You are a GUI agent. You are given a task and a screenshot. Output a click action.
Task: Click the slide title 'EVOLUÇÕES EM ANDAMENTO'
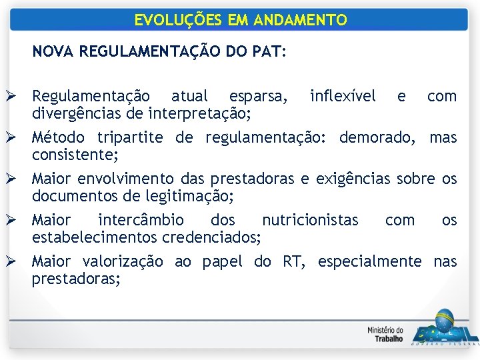[x=240, y=20]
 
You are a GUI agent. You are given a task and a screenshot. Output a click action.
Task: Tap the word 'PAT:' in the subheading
[x=271, y=51]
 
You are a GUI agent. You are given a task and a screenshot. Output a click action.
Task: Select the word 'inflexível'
[x=343, y=97]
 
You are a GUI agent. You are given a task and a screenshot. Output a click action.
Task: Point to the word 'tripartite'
[x=130, y=138]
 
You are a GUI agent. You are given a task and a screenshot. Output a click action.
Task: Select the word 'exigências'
[x=353, y=179]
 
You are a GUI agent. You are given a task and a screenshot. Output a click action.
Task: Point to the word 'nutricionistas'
[x=310, y=221]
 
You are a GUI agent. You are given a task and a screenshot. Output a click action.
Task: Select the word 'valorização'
[x=123, y=262]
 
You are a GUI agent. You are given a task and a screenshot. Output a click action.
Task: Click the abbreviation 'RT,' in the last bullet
[x=294, y=262]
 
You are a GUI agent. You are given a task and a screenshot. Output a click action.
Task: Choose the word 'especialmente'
[x=369, y=262]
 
